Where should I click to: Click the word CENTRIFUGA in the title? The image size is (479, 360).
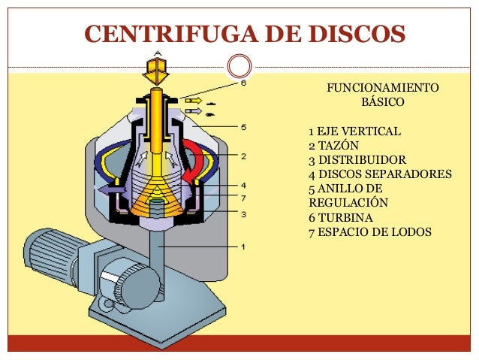pyautogui.click(x=171, y=33)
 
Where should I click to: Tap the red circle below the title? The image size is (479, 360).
pyautogui.click(x=239, y=66)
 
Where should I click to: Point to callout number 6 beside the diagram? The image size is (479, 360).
pyautogui.click(x=243, y=83)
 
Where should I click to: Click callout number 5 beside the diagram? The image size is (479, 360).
pyautogui.click(x=243, y=127)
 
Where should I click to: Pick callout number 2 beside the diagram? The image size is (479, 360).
pyautogui.click(x=243, y=156)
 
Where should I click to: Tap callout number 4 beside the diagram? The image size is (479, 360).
pyautogui.click(x=243, y=186)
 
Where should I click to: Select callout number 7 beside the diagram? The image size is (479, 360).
pyautogui.click(x=243, y=198)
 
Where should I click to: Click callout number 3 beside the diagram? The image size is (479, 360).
pyautogui.click(x=243, y=214)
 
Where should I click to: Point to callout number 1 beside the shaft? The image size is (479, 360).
pyautogui.click(x=243, y=247)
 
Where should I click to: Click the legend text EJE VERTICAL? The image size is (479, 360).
pyautogui.click(x=359, y=132)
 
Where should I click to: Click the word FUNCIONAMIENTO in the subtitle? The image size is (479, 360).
pyautogui.click(x=383, y=88)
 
